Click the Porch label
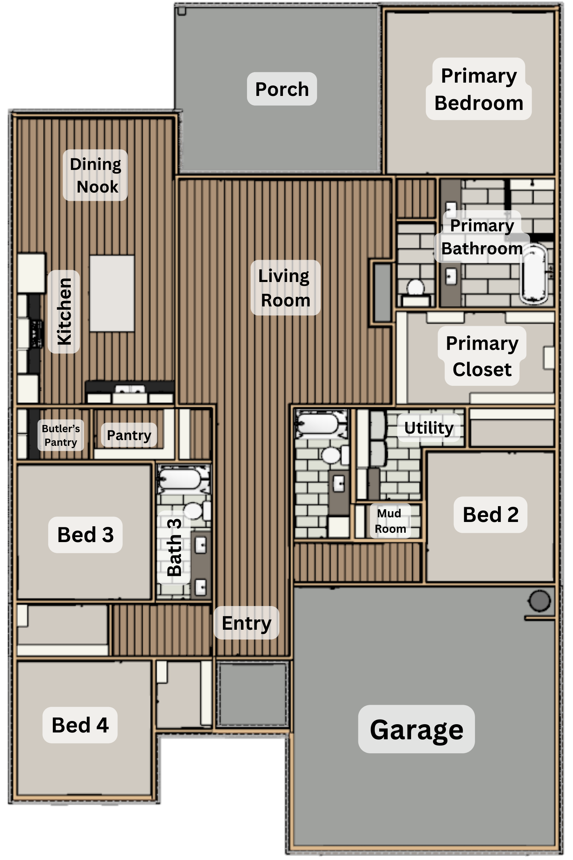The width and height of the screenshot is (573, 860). [282, 89]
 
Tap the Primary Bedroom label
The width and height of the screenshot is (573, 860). [479, 89]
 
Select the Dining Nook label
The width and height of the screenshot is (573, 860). [95, 175]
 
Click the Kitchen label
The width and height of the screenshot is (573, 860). [64, 311]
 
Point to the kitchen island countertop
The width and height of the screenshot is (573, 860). [112, 293]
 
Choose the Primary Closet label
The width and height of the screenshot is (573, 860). [482, 356]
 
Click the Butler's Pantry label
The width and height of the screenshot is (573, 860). [61, 435]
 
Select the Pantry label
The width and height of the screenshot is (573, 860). [129, 435]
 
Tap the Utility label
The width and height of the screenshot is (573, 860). [429, 427]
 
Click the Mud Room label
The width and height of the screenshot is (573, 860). [390, 521]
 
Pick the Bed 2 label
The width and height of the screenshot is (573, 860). [490, 514]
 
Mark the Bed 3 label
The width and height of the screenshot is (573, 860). [85, 535]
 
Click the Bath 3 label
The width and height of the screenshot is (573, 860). [174, 547]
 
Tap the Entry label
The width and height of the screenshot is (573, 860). [246, 623]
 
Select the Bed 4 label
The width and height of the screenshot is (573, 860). [80, 725]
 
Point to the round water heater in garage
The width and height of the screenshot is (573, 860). [539, 601]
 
